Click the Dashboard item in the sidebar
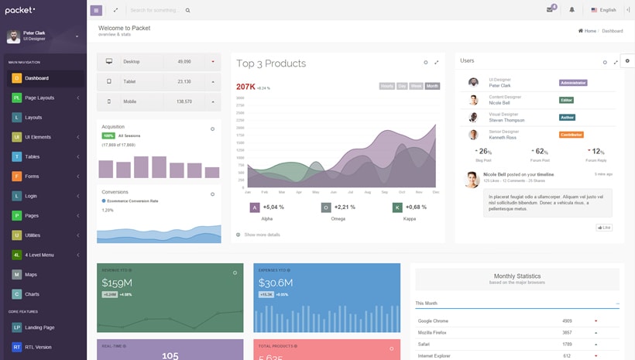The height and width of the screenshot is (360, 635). (36, 78)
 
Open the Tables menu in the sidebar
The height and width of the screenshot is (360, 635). (32, 156)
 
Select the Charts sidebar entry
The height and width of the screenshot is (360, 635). (32, 294)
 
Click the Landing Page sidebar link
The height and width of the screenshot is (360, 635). (39, 327)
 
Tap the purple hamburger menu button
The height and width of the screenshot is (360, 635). (96, 10)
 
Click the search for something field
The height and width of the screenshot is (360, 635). (155, 10)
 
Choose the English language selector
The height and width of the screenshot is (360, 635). (603, 10)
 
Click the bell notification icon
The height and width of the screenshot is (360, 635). (572, 10)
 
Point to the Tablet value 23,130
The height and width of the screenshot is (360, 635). (184, 81)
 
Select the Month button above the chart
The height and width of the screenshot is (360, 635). (432, 86)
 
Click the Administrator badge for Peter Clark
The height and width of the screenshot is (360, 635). (573, 83)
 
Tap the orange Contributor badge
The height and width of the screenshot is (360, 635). (571, 135)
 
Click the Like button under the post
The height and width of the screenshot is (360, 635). (604, 228)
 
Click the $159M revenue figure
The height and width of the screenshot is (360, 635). (117, 283)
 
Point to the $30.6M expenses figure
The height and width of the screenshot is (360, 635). (275, 283)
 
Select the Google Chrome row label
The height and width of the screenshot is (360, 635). (434, 321)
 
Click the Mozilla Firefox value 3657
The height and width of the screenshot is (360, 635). (567, 332)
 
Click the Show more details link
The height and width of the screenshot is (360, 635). (262, 235)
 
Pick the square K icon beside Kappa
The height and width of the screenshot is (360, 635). (397, 207)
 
